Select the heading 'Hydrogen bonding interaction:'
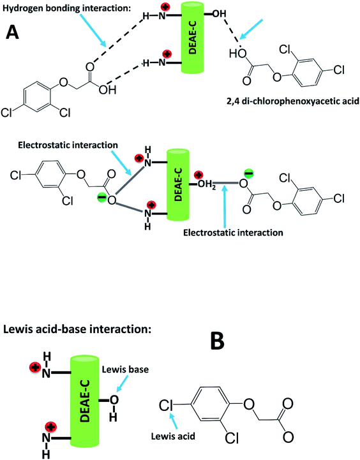click(62, 8)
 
